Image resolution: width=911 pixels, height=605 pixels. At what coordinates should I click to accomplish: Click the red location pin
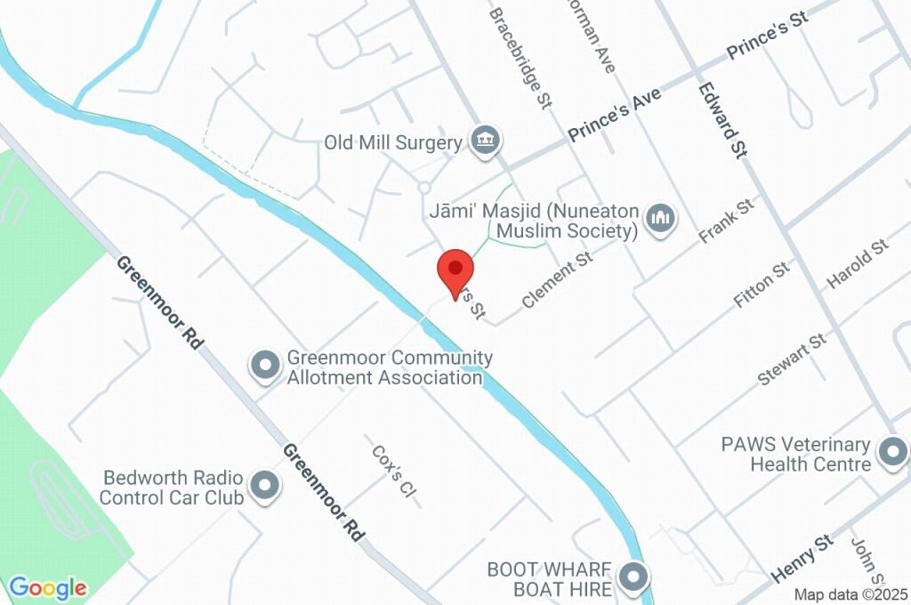click(456, 270)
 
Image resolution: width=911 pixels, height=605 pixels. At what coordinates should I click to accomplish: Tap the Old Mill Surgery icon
click(486, 140)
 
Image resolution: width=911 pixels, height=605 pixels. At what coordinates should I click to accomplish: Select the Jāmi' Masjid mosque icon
click(659, 218)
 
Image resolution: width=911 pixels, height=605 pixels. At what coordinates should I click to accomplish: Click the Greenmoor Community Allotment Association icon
click(264, 366)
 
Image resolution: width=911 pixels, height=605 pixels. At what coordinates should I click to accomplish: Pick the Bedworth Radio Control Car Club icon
click(264, 486)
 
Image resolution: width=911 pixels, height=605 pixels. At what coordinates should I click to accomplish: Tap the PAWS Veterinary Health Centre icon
click(890, 453)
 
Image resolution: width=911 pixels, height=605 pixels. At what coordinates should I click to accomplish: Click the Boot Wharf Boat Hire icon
click(633, 577)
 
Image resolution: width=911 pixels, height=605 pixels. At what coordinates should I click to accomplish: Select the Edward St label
click(722, 119)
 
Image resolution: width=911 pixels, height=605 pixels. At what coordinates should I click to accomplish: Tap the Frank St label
click(726, 222)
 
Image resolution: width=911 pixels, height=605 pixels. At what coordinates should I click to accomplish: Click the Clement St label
click(557, 280)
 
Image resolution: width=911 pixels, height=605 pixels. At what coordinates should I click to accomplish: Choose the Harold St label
click(857, 264)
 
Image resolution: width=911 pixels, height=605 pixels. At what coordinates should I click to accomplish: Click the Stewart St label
click(791, 359)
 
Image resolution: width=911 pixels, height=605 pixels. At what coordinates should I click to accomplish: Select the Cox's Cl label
click(393, 471)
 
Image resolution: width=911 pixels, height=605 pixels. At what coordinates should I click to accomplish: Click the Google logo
click(48, 588)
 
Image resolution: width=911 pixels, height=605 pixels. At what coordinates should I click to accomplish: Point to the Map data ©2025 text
click(850, 594)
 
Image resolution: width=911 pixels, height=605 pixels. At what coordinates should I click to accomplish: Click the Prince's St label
click(766, 37)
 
